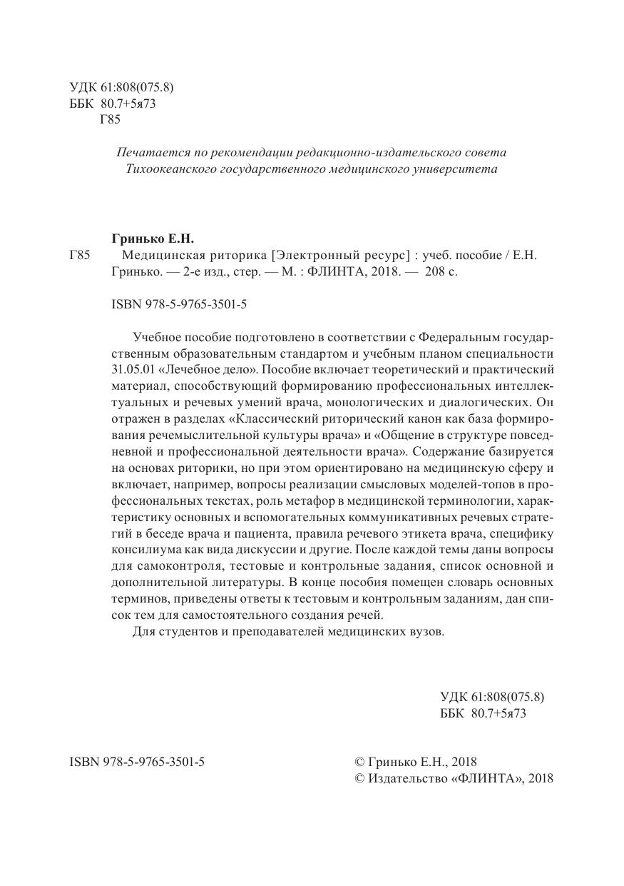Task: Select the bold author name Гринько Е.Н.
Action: (153, 236)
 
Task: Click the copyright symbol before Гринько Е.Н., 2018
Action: (359, 762)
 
